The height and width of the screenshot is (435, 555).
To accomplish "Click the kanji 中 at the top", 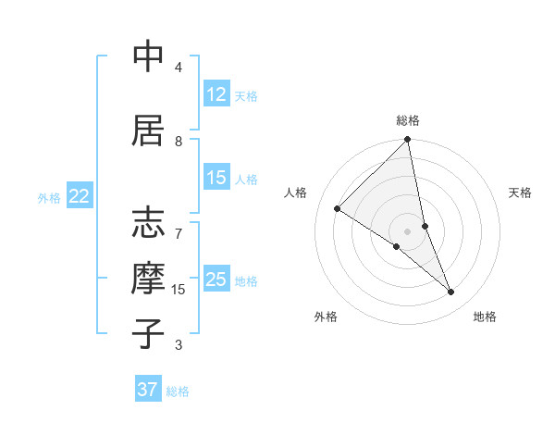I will pos(149,57).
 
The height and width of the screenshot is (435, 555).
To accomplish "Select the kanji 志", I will pos(149,224).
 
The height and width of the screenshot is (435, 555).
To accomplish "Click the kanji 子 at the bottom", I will pos(149,334).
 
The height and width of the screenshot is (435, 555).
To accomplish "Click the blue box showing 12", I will pos(216,94).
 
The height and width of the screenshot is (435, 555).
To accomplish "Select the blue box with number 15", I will pos(216,179).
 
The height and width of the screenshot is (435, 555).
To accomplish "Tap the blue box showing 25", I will pos(216,280).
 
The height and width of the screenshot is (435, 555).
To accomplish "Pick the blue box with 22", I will pos(80,196).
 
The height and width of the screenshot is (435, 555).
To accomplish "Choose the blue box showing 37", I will pos(148,390).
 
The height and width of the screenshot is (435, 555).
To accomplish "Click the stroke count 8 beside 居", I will pos(179,142).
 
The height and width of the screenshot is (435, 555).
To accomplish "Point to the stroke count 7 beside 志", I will pos(179,225).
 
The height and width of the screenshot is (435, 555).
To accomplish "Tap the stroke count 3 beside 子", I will pos(179,345).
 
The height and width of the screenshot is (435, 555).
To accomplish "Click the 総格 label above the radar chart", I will pos(408,120).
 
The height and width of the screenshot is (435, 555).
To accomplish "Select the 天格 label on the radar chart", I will pos(521,193).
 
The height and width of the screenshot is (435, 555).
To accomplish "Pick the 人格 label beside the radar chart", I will pos(296,193).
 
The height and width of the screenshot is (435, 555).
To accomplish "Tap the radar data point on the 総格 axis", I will pos(408,140).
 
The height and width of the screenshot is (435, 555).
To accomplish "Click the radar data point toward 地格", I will pos(451,292).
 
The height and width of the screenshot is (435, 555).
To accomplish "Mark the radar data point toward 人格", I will pos(338,209).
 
